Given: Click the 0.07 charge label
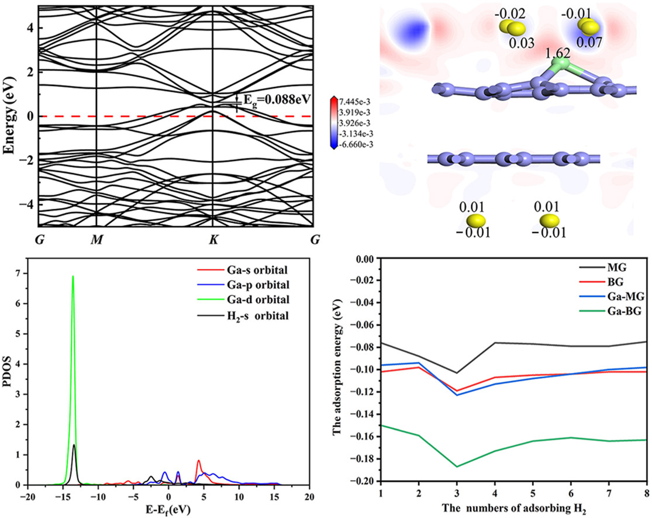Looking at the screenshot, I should [x=587, y=43].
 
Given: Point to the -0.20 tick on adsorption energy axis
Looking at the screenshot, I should [x=364, y=481].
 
